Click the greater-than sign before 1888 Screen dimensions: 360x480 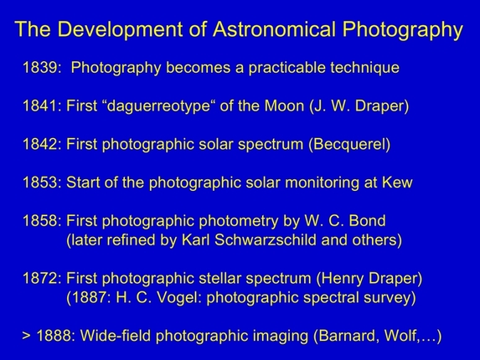pyautogui.click(x=27, y=337)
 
